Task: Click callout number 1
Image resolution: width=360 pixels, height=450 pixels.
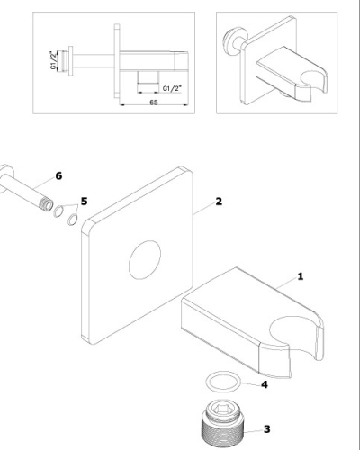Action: tap(301, 276)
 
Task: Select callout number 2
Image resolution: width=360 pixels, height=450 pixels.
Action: tap(219, 202)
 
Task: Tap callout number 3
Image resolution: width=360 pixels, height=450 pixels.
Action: tap(267, 429)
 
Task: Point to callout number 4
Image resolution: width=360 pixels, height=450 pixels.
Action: tap(265, 384)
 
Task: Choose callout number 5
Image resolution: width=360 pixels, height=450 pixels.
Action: tap(85, 202)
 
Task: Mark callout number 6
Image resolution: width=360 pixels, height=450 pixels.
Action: tap(58, 175)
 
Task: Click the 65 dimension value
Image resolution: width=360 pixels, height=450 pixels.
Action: tap(154, 103)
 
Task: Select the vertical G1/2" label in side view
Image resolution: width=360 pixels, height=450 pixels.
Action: tap(53, 60)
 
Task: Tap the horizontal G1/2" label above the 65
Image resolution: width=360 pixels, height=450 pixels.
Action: tap(172, 88)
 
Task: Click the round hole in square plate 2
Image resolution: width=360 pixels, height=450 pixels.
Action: tap(145, 260)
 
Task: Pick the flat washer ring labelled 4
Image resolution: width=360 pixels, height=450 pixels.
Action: tap(223, 382)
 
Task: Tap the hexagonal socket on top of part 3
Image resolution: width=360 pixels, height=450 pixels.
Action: tap(222, 408)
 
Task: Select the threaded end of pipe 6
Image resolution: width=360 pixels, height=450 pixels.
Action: tap(46, 204)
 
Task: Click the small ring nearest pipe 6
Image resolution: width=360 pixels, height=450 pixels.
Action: tap(58, 211)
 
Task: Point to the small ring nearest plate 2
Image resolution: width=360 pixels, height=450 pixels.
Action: tap(72, 220)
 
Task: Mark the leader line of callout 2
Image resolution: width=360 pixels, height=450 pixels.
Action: tap(204, 208)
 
